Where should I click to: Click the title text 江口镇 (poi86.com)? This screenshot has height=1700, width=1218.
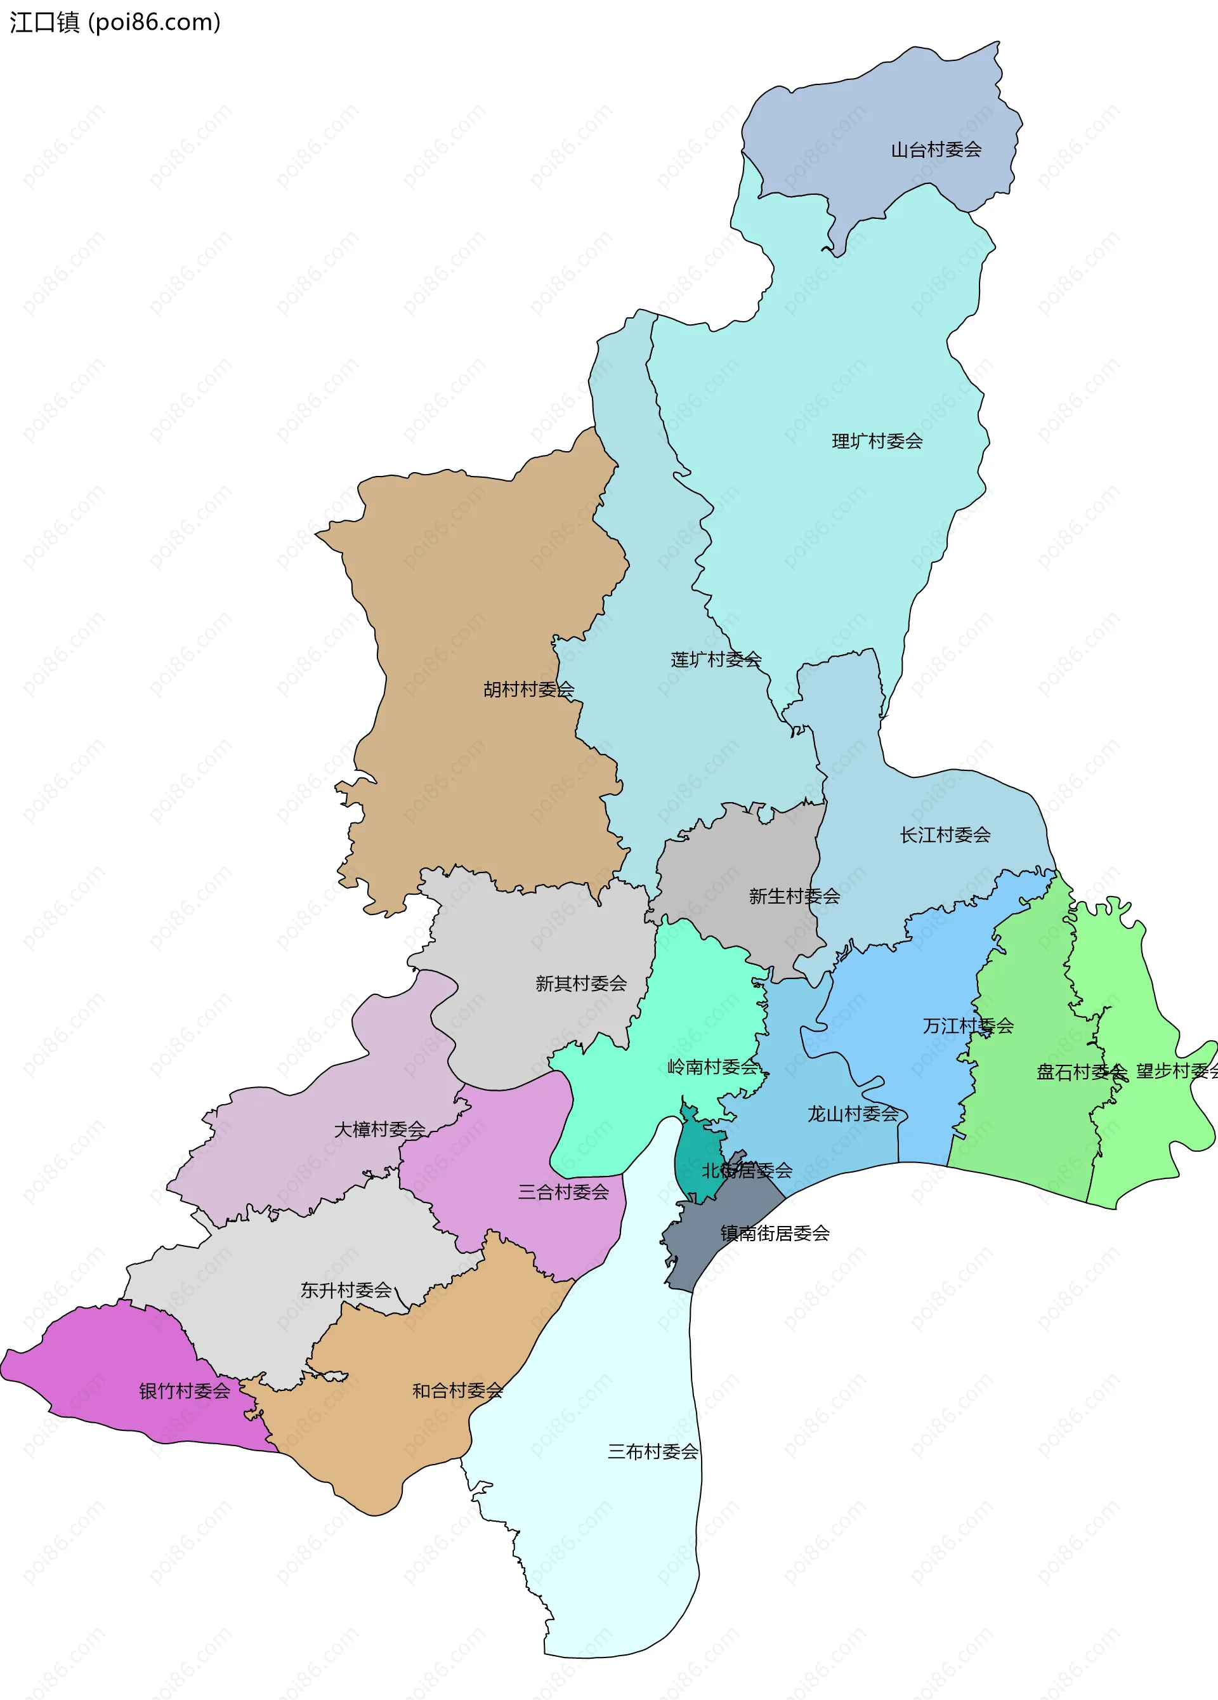[x=115, y=22]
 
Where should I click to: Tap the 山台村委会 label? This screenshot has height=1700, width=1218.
[x=936, y=150]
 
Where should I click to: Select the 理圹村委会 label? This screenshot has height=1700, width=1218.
[x=877, y=442]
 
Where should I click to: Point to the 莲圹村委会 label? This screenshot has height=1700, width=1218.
[x=716, y=659]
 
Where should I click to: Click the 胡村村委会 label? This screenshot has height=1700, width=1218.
[x=528, y=690]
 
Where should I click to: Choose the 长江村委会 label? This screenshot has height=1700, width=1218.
[x=945, y=835]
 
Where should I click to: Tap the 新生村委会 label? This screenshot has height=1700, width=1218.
[x=794, y=897]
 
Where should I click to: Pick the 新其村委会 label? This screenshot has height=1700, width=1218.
[x=581, y=984]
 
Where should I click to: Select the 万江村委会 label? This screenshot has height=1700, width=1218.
[x=967, y=1025]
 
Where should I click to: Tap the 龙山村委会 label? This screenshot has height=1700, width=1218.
[x=853, y=1114]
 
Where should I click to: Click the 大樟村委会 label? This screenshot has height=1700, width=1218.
[x=379, y=1129]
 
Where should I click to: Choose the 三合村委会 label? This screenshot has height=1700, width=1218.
[x=563, y=1192]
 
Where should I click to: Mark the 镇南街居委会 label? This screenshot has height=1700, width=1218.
[x=775, y=1233]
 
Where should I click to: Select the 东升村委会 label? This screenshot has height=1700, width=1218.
[x=346, y=1290]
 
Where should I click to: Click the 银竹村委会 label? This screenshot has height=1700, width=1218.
[x=185, y=1391]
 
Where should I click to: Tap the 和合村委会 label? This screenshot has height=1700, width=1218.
[x=457, y=1391]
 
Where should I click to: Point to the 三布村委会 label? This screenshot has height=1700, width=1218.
[x=653, y=1452]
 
